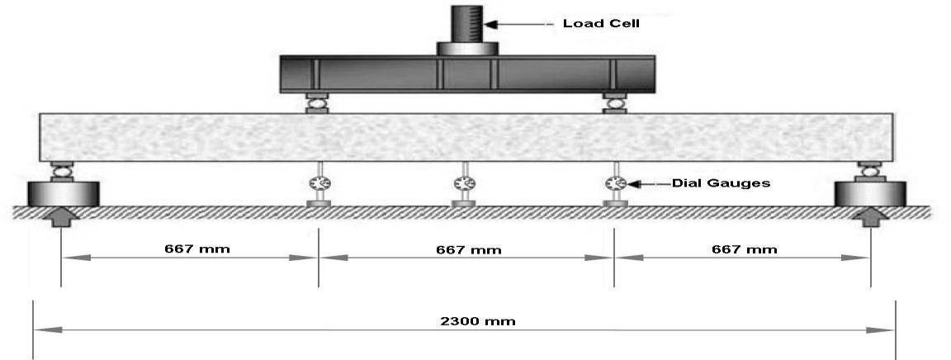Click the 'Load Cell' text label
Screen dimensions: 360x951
[601, 23]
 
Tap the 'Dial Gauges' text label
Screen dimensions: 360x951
[720, 182]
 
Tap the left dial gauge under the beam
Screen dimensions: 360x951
[318, 183]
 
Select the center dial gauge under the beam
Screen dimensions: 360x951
[463, 183]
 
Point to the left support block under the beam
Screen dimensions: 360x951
[64, 193]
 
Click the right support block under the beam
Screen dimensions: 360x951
[870, 193]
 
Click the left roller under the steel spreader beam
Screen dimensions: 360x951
[317, 103]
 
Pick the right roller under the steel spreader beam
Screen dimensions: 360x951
[614, 103]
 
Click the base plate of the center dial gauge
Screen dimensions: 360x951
[463, 202]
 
